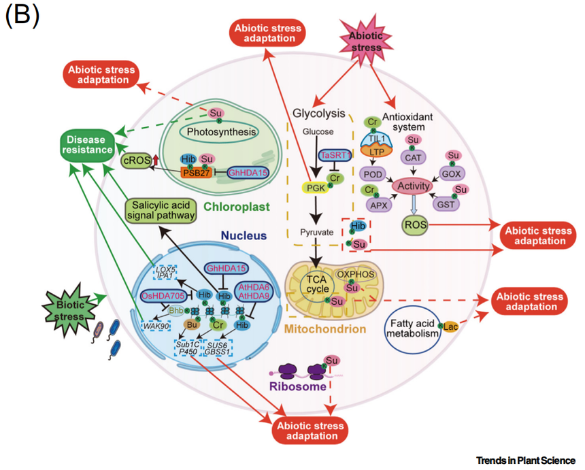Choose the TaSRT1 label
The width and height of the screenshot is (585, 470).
pos(337,155)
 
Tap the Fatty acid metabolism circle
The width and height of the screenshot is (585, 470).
pos(412,327)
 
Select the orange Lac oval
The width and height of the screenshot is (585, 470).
pos(451,327)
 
